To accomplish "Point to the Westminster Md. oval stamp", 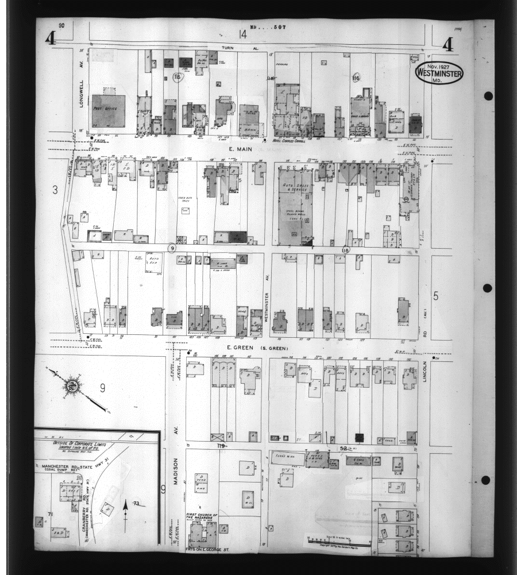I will click(x=439, y=73).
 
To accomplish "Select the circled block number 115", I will click(x=177, y=76).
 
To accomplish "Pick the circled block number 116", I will click(x=356, y=78).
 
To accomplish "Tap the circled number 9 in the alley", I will click(x=171, y=248).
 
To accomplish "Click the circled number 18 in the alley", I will click(x=345, y=250).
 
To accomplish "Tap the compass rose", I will click(x=73, y=385).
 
